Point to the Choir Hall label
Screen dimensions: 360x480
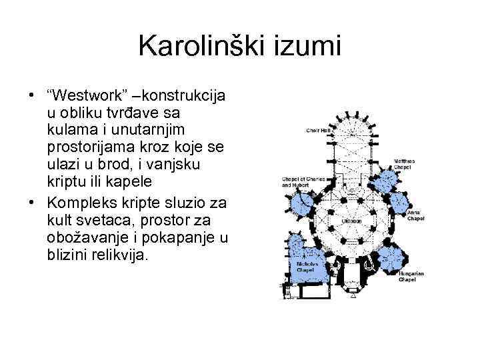click(x=319, y=131)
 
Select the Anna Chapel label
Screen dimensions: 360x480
click(x=415, y=215)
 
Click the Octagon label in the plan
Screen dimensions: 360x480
click(x=351, y=221)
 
